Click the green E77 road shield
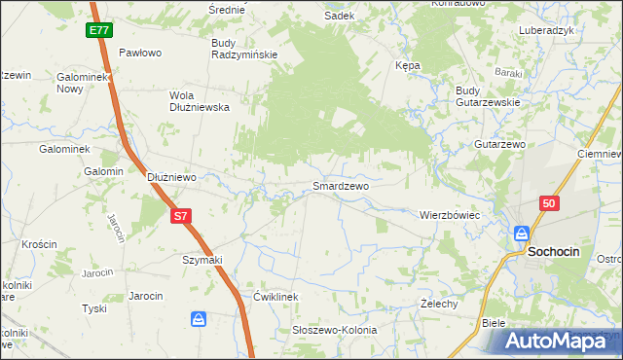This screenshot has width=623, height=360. point(98,30)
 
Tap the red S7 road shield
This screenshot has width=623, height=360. point(180,216)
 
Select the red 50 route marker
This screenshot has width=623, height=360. point(550,202)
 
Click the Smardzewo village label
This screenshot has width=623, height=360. point(340,185)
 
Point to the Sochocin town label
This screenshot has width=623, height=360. point(554,251)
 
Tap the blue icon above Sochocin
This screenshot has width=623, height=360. point(522,234)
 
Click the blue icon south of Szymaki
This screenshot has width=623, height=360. point(199,319)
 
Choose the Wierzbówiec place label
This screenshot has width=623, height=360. point(451,214)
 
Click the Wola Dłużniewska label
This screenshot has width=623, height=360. point(200,101)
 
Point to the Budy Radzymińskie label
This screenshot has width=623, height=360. point(244,49)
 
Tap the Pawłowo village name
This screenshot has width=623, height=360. point(139,53)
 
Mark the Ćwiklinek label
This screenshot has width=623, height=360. point(275,296)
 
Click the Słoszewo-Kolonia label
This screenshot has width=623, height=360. point(335,330)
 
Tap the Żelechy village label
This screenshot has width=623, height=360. point(439,304)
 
